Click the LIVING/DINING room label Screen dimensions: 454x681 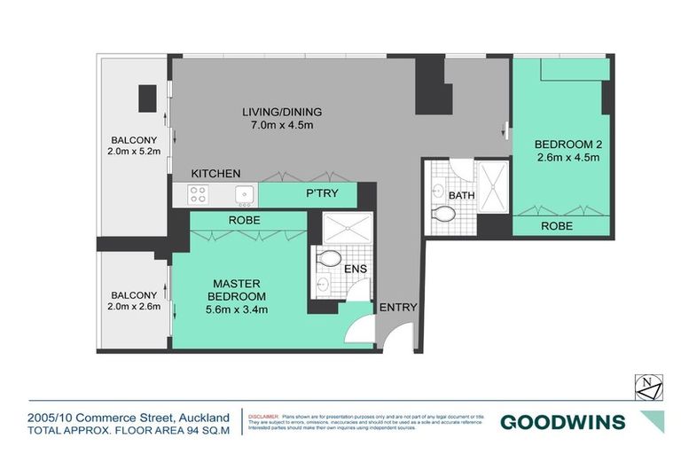pyautogui.click(x=282, y=112)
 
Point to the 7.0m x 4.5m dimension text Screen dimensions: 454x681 pyautogui.click(x=282, y=126)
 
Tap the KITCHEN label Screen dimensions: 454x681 pyautogui.click(x=215, y=173)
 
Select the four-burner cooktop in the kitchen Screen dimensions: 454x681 pyautogui.click(x=197, y=194)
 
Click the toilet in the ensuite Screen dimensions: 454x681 pyautogui.click(x=328, y=259)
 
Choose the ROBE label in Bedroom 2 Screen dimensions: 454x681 pyautogui.click(x=556, y=226)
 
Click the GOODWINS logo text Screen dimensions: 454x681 pyautogui.click(x=562, y=422)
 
